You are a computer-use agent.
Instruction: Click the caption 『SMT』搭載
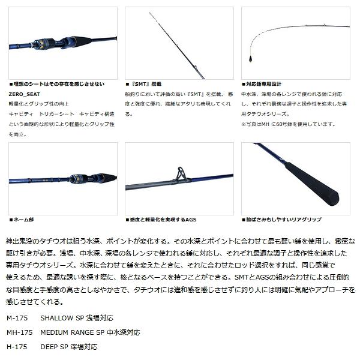click(x=145, y=85)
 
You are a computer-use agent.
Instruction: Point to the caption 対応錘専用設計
click(x=263, y=85)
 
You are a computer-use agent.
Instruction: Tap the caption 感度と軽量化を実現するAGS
click(x=162, y=220)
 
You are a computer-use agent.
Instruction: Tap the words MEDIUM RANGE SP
click(x=72, y=331)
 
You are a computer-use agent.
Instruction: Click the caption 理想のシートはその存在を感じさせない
click(x=59, y=85)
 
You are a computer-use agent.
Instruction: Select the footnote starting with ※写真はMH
click(x=289, y=124)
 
